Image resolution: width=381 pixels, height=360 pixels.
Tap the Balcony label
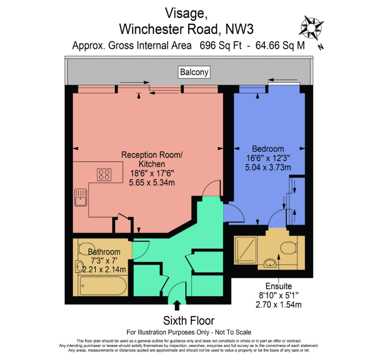click(x=194, y=72)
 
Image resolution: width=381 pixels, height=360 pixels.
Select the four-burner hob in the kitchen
click(x=104, y=174)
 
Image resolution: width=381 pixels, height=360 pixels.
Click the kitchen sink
click(x=81, y=198)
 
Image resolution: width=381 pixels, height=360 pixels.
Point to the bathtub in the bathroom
click(x=103, y=285)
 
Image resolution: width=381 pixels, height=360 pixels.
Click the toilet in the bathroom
click(x=84, y=247)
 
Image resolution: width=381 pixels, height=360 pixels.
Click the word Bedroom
click(x=268, y=149)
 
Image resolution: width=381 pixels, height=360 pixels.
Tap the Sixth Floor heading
click(x=188, y=321)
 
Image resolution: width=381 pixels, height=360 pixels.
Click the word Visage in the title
click(x=185, y=13)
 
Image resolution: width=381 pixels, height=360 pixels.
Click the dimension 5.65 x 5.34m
click(x=152, y=183)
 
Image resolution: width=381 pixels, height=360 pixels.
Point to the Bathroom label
click(x=104, y=252)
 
